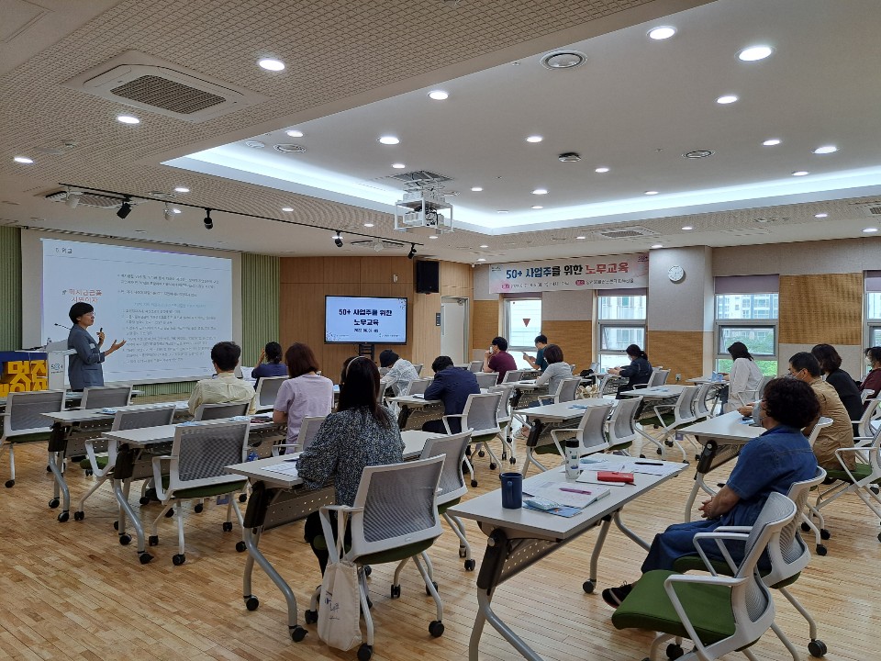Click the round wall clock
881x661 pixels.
pos(675,274)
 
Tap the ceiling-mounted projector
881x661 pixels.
pos(423,210)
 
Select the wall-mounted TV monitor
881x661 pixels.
pos(365,319)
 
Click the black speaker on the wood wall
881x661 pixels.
pos(427,276)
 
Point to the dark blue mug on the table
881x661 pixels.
pos(511,489)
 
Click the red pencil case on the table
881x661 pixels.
pos(615,476)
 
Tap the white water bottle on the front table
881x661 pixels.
pos(572,459)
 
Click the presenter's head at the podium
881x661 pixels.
pos(82,314)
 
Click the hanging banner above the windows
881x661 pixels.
pos(568,274)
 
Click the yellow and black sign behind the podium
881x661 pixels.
pos(23,375)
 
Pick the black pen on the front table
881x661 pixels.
pos(648,463)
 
